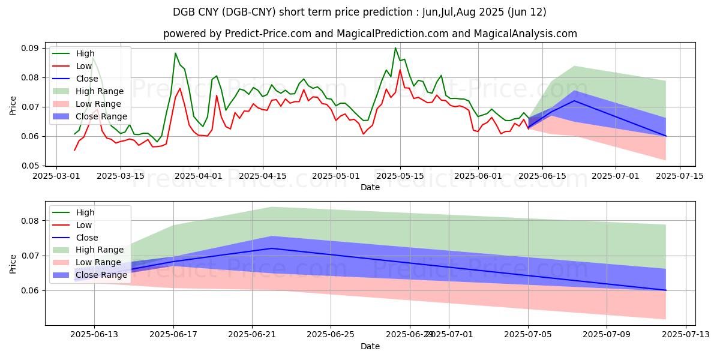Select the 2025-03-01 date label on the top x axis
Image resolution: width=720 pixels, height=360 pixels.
pyautogui.click(x=56, y=176)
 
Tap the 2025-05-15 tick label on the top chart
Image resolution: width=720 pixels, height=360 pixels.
pyautogui.click(x=400, y=176)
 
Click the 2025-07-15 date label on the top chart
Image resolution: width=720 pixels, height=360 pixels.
pyautogui.click(x=680, y=176)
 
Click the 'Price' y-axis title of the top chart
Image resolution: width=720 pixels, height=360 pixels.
pyautogui.click(x=13, y=106)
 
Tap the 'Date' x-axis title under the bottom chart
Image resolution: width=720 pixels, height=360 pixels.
pyautogui.click(x=370, y=346)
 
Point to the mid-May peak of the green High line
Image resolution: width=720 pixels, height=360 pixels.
pyautogui.click(x=395, y=48)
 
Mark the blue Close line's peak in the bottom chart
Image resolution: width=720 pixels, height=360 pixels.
pyautogui.click(x=272, y=248)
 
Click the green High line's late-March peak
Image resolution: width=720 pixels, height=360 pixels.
pyautogui.click(x=175, y=53)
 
